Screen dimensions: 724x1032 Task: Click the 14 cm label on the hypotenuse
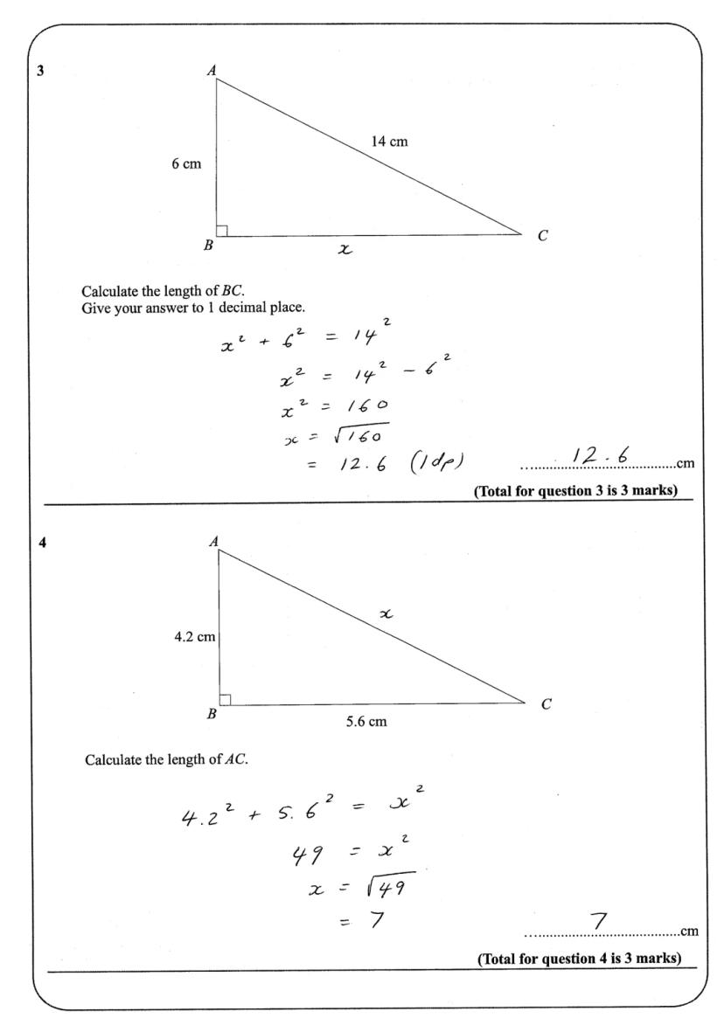tap(390, 142)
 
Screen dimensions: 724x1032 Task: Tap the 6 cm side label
tap(186, 164)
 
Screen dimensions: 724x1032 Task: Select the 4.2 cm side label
tap(194, 637)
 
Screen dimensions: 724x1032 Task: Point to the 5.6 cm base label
tap(366, 722)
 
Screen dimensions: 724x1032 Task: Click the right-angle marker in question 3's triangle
tap(222, 231)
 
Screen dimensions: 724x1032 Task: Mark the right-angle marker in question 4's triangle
tap(225, 699)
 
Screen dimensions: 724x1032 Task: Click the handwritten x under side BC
tap(345, 250)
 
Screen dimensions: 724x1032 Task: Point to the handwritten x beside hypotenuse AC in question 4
tap(385, 615)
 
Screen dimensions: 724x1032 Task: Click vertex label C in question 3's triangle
tap(542, 235)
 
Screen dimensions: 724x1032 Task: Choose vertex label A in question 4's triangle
tap(212, 542)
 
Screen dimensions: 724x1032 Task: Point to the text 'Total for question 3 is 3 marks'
tap(576, 491)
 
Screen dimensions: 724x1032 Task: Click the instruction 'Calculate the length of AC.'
tap(166, 759)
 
